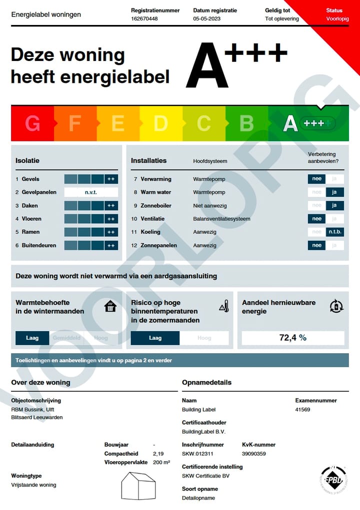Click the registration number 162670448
click(144, 19)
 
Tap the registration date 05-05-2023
click(207, 19)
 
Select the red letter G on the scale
click(32, 123)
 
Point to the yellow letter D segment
click(160, 123)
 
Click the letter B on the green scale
click(246, 123)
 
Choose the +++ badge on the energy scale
click(314, 123)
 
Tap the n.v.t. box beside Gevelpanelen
click(91, 192)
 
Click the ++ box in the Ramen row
click(111, 232)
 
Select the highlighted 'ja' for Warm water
click(334, 192)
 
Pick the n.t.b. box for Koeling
click(334, 232)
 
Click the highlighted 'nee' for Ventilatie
click(316, 219)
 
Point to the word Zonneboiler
click(156, 205)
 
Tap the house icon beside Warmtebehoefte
click(110, 306)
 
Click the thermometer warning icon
click(224, 306)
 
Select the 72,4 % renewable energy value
click(293, 338)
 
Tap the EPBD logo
click(333, 479)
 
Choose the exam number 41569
click(303, 410)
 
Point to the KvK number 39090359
click(253, 454)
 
